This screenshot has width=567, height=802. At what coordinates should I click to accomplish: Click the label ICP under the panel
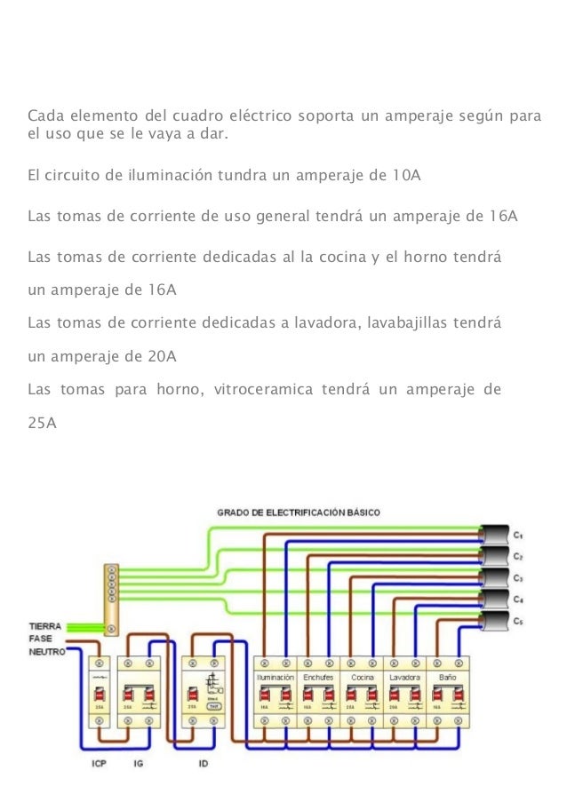(99, 764)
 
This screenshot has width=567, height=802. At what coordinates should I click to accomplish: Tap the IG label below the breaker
(138, 764)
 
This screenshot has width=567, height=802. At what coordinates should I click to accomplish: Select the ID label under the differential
(203, 764)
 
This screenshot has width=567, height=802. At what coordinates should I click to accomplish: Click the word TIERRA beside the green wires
(45, 625)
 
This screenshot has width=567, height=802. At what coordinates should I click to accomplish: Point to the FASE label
(41, 638)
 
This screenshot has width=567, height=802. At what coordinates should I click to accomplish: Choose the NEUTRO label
(46, 651)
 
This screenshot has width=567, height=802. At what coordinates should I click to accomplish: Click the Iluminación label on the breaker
(276, 677)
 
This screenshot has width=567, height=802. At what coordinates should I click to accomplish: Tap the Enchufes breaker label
(318, 677)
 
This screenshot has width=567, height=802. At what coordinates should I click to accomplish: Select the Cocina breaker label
(362, 677)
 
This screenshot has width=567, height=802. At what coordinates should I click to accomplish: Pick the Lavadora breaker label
(404, 677)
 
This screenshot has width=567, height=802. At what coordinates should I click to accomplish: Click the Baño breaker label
(447, 677)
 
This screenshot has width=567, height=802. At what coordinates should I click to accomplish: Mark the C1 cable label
(518, 535)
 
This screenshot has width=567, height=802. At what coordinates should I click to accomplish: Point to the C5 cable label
(518, 622)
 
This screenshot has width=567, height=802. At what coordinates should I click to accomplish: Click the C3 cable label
(518, 578)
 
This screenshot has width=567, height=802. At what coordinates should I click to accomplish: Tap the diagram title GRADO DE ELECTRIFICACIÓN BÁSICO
(299, 512)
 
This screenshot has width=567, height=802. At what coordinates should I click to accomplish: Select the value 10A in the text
(406, 173)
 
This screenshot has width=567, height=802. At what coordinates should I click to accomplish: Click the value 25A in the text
(43, 423)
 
